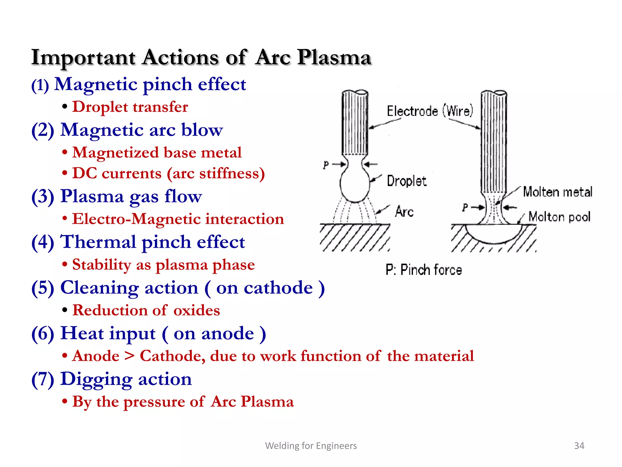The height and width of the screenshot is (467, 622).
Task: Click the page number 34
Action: click(x=579, y=446)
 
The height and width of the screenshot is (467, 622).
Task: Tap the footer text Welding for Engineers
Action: click(x=311, y=446)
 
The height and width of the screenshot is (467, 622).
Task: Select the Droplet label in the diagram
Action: click(x=406, y=181)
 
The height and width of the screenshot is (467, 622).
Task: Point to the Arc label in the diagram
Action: click(x=404, y=212)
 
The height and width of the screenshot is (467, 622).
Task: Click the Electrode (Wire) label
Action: click(x=430, y=111)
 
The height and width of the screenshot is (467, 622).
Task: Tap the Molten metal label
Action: click(x=558, y=192)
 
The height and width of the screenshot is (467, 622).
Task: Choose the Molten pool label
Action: click(x=559, y=217)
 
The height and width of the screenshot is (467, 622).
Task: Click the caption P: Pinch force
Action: click(x=424, y=270)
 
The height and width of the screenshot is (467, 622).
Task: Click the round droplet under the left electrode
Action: click(x=354, y=185)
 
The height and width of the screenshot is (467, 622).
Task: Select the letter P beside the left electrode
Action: click(x=326, y=165)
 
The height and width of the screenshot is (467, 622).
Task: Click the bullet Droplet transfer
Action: click(x=130, y=107)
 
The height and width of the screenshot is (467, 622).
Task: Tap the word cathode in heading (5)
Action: click(x=278, y=288)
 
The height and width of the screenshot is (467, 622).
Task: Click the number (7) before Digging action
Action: click(x=43, y=379)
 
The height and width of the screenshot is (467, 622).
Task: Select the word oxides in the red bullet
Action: click(x=197, y=310)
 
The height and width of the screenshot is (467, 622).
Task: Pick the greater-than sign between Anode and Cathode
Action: click(x=130, y=356)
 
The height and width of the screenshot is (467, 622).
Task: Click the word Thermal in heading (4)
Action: click(x=98, y=242)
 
